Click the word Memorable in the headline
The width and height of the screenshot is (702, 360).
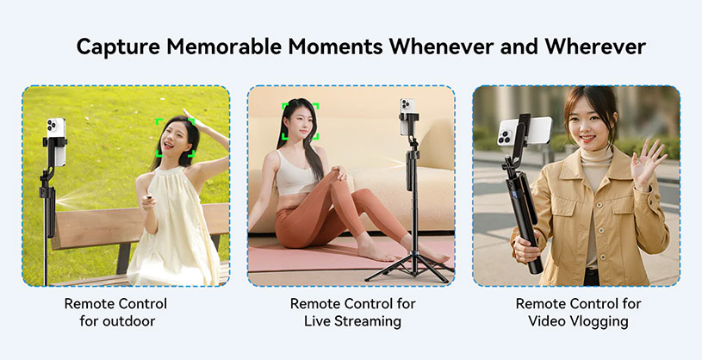[250, 47]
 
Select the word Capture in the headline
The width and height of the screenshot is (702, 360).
[120, 47]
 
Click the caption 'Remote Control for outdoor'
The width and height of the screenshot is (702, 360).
[115, 313]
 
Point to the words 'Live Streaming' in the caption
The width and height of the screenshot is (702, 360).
[352, 322]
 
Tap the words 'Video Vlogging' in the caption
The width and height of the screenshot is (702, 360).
[577, 322]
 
